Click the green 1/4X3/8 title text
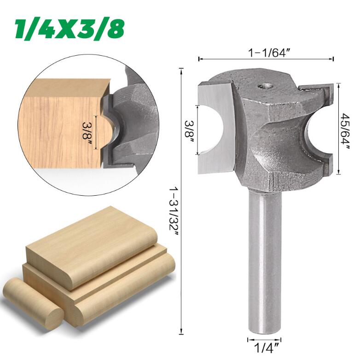(x=70, y=29)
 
